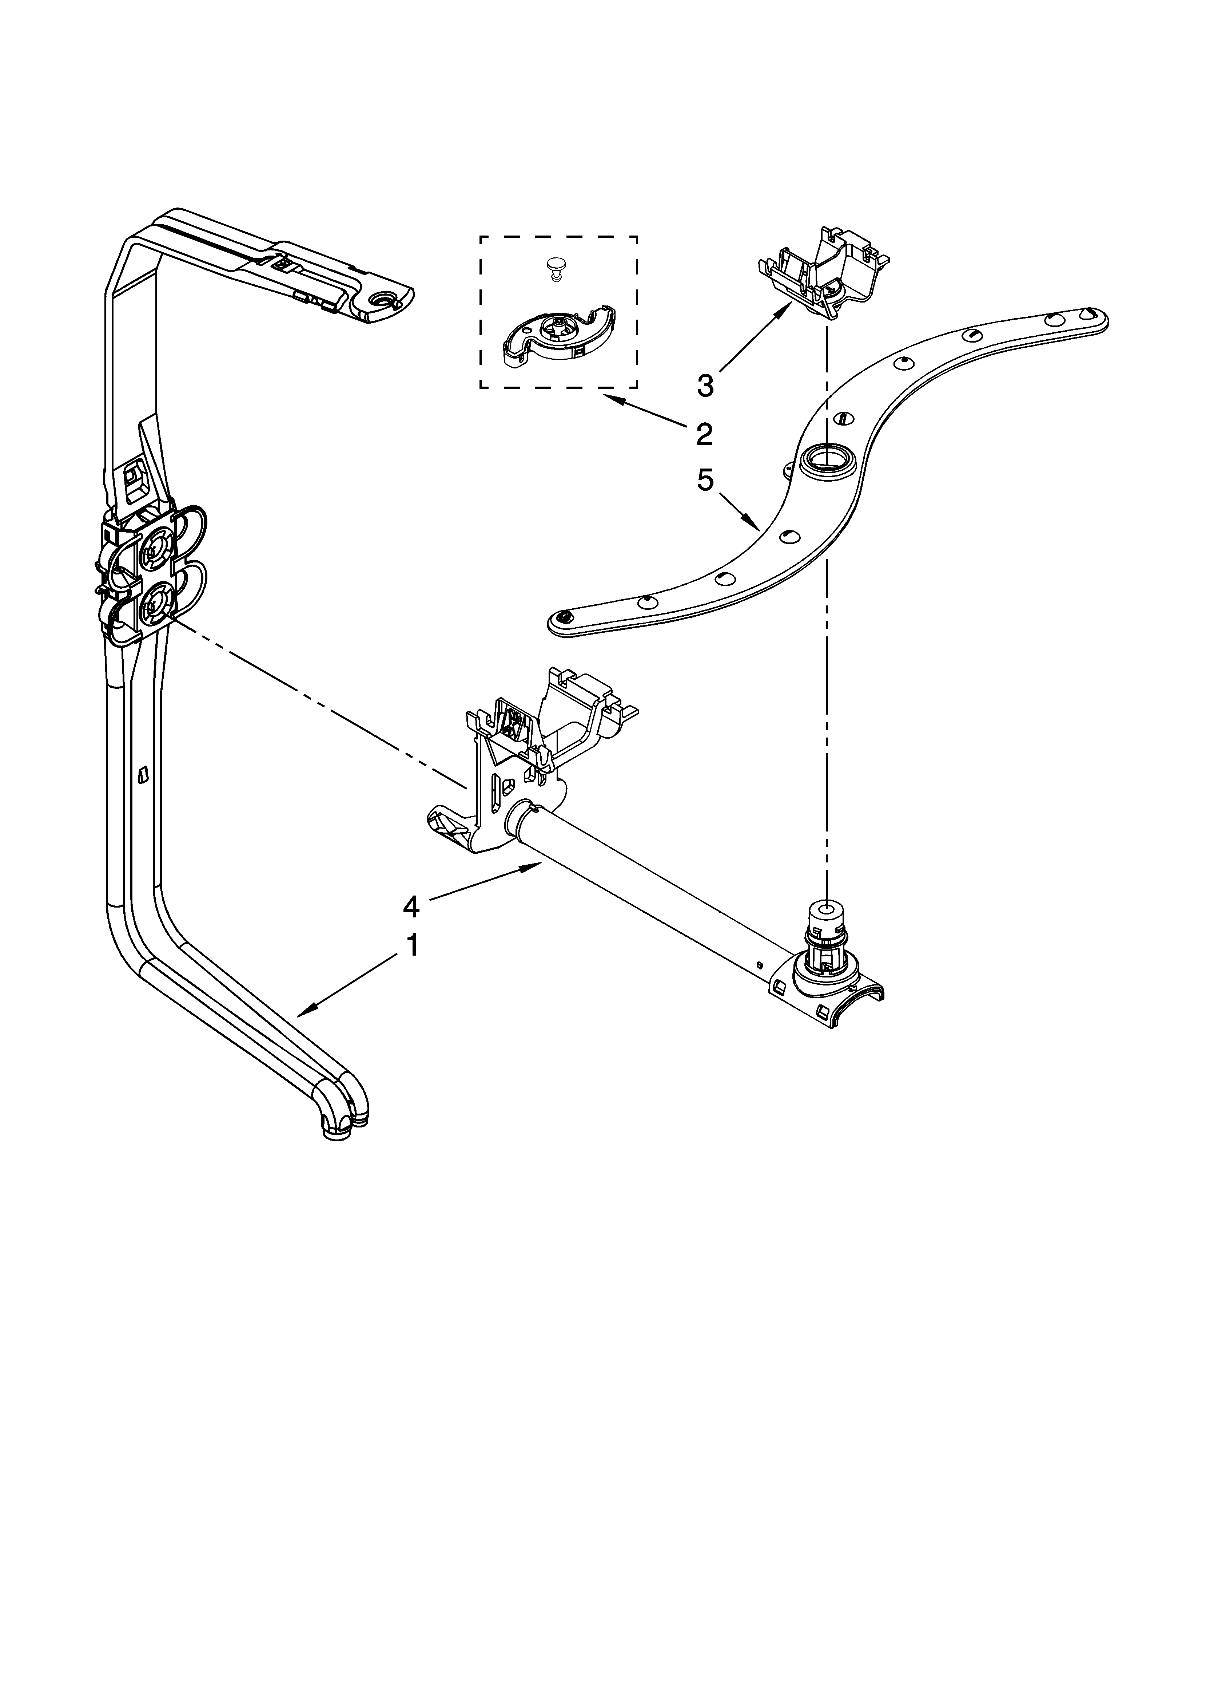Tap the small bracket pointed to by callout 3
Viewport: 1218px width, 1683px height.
(x=823, y=274)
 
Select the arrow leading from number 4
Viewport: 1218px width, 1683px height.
(x=482, y=883)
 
